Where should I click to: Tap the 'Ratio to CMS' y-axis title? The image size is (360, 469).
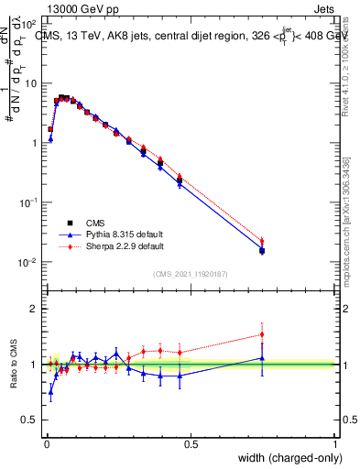click(16, 364)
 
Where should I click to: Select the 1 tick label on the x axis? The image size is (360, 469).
click(334, 444)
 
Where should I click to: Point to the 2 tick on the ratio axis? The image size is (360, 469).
click(34, 309)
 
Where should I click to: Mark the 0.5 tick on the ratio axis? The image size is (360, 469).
click(30, 420)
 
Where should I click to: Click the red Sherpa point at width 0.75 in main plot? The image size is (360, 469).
click(262, 242)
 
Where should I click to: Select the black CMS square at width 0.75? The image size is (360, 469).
click(262, 251)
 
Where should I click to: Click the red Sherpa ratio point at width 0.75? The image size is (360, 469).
click(262, 334)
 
